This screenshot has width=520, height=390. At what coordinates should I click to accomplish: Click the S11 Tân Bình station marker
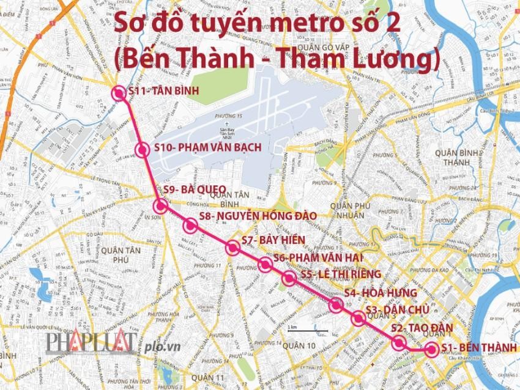coord(119,94)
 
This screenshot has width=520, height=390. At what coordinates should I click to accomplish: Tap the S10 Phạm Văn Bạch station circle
coord(143,150)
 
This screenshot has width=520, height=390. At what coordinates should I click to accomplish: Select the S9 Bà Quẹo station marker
coord(161,205)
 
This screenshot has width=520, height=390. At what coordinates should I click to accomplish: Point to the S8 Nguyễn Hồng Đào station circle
coord(190,226)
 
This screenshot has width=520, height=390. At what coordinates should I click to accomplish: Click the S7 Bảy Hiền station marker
coord(232,248)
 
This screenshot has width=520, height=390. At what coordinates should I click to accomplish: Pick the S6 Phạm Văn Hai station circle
coord(265,265)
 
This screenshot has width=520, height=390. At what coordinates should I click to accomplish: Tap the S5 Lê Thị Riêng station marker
coord(289,279)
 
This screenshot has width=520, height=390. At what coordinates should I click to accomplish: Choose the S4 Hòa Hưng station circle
coord(335,304)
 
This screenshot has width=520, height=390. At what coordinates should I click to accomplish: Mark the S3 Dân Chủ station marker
coord(359,318)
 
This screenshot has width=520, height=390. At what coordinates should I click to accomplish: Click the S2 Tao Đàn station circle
coord(399,342)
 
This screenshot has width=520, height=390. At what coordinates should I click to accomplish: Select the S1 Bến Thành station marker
coord(431,350)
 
